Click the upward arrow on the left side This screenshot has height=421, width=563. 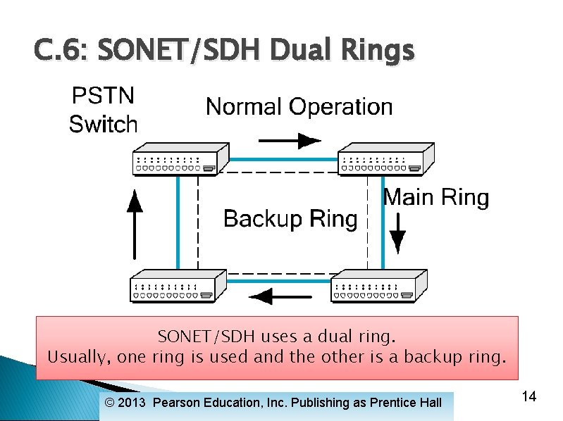point(134,224)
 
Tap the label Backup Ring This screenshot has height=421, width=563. point(290,219)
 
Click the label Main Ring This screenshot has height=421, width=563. point(435,197)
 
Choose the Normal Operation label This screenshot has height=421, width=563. point(299,107)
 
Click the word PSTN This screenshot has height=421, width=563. point(103,96)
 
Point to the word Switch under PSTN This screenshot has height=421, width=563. point(103,125)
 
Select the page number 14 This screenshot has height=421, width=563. point(529,397)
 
